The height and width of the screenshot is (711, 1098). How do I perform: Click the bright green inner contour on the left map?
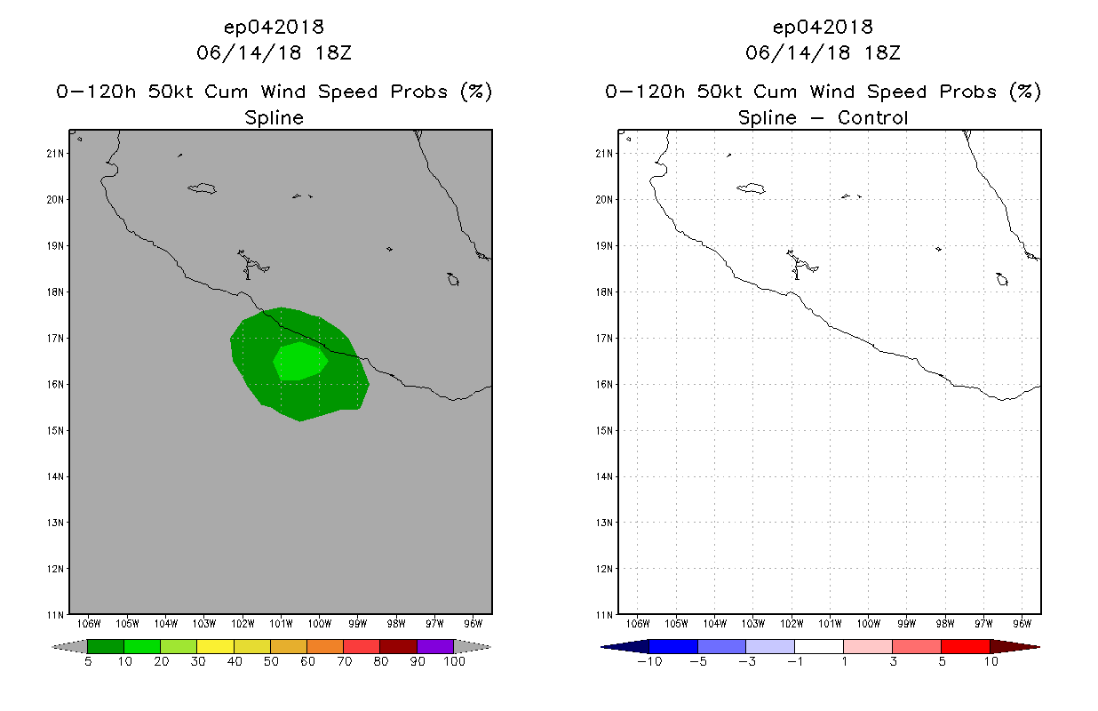298,360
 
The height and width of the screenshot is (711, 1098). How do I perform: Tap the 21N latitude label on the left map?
56,153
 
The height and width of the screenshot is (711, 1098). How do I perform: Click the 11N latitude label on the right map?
605,614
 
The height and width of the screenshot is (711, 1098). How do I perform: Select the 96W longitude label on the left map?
473,622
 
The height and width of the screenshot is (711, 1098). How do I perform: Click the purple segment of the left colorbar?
435,646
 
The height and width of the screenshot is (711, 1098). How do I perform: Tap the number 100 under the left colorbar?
454,662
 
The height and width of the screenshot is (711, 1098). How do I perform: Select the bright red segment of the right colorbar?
965,646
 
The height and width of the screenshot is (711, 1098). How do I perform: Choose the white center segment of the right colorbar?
819,646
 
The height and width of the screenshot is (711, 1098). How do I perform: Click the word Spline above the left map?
274,117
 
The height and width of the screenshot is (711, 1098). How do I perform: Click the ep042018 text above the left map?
274,27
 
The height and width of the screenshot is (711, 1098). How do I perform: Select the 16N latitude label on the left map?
56,384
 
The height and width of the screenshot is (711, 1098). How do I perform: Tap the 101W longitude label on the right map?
830,622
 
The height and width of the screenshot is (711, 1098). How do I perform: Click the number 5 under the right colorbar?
941,662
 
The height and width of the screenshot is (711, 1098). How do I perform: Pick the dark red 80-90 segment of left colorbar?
399,646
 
